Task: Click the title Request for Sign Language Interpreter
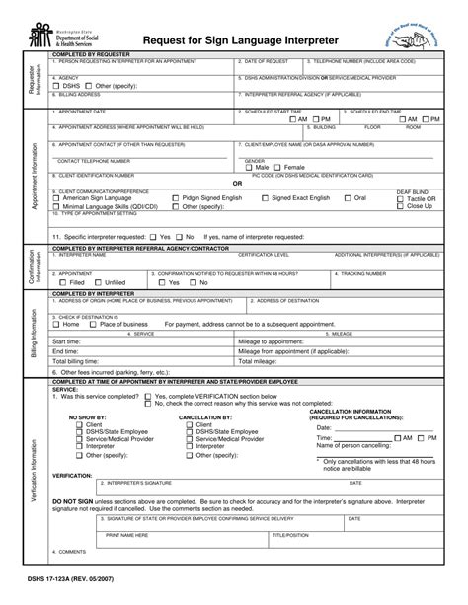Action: [x=241, y=39]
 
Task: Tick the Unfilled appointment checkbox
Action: [x=99, y=282]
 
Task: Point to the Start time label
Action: [x=67, y=341]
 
